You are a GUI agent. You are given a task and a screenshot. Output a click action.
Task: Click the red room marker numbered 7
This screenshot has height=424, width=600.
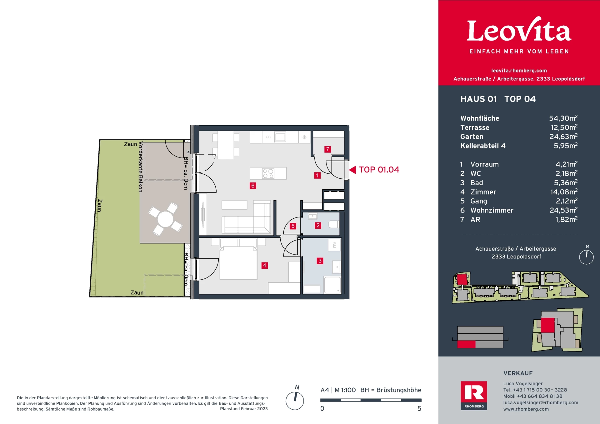pos(327,149)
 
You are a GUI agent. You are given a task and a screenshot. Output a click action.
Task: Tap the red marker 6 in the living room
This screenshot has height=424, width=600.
pos(253,186)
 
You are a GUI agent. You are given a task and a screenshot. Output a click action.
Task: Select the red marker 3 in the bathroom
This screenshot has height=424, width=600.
pos(320,261)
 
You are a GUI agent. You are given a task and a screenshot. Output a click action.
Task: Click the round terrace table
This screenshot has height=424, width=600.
pos(165,219)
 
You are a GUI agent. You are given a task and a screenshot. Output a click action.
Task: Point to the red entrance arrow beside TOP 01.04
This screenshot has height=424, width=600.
pos(352,170)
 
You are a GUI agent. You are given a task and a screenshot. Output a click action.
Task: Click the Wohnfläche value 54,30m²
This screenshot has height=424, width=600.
pos(563,118)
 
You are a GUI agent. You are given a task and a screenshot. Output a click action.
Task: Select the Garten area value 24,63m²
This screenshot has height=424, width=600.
pos(563,137)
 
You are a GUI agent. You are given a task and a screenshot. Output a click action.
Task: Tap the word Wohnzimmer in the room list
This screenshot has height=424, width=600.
pos(492,210)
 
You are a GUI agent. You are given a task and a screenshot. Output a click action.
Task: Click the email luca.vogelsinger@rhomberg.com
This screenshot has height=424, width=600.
pos(540,402)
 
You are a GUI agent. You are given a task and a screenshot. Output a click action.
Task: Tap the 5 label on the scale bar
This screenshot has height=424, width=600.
pos(419,408)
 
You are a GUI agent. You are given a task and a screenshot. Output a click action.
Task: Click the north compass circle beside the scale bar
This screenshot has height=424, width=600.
pos(295,401)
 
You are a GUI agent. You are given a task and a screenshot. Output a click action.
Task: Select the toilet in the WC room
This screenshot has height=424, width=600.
pos(333,224)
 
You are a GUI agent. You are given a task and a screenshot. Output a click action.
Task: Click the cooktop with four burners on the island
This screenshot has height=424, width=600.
pos(268,173)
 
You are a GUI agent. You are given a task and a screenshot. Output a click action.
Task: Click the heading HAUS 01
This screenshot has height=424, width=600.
pos(478,99)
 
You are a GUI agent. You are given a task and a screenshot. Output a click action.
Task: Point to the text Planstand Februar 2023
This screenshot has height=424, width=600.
pos(244,409)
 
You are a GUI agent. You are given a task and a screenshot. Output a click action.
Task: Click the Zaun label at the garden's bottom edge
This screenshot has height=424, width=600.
pos(137,292)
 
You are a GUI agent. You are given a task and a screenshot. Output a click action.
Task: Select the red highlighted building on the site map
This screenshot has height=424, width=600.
pos(462,279)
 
